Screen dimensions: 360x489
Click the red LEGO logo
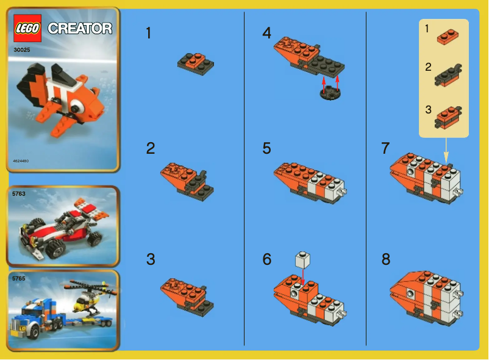click(27, 28)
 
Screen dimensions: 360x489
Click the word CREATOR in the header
click(80, 29)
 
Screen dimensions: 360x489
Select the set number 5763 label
click(19, 193)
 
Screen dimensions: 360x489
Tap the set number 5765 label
click(19, 278)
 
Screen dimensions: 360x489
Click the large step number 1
click(149, 33)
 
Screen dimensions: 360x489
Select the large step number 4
click(266, 33)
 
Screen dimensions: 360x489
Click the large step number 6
click(266, 259)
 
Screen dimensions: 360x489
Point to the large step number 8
click(385, 259)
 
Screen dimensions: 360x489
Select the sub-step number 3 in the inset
click(428, 110)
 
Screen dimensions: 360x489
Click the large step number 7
click(385, 148)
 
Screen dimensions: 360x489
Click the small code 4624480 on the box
click(20, 161)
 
